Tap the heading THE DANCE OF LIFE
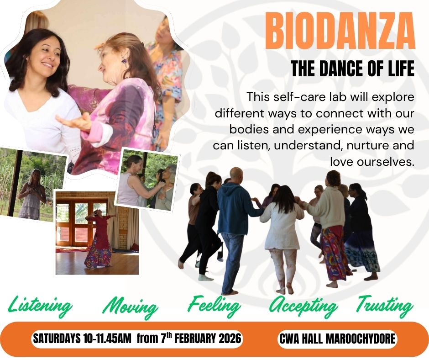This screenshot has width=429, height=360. (x=352, y=69)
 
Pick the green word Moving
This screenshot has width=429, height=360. (x=131, y=307)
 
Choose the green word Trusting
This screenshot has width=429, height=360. (x=384, y=306)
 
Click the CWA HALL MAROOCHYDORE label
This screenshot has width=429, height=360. (x=337, y=339)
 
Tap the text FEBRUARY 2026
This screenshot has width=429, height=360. (x=208, y=339)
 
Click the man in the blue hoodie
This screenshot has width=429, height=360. (x=234, y=230)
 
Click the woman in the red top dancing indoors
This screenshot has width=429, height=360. (x=99, y=239)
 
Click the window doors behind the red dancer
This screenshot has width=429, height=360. (x=82, y=222)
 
